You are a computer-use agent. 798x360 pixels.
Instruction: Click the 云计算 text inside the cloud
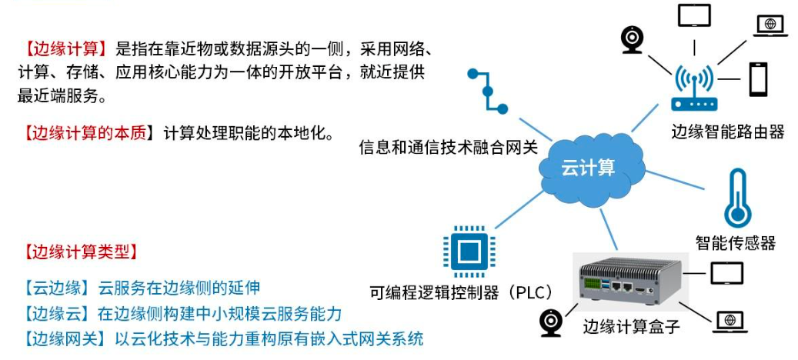tap(588, 167)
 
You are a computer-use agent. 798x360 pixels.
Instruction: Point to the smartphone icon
tap(759, 79)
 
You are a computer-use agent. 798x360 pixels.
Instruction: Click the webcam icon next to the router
tap(633, 39)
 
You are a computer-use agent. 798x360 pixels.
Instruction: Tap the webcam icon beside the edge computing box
tap(550, 321)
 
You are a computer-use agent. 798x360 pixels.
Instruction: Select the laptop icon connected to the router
tap(770, 26)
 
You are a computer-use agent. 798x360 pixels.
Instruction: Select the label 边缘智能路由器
tap(727, 132)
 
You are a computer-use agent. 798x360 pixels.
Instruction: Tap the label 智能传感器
tap(735, 244)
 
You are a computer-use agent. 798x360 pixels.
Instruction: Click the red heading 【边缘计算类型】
tap(80, 252)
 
